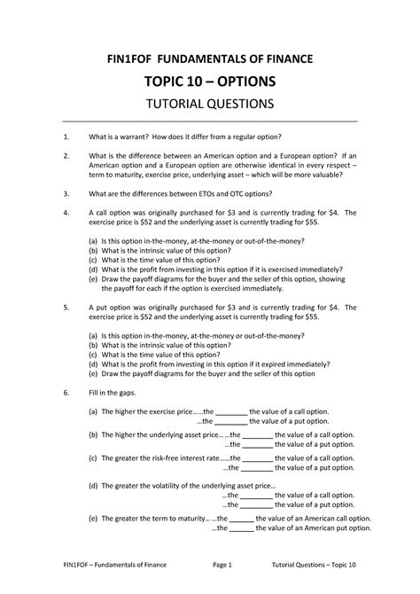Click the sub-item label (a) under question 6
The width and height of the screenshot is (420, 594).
(93, 412)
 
